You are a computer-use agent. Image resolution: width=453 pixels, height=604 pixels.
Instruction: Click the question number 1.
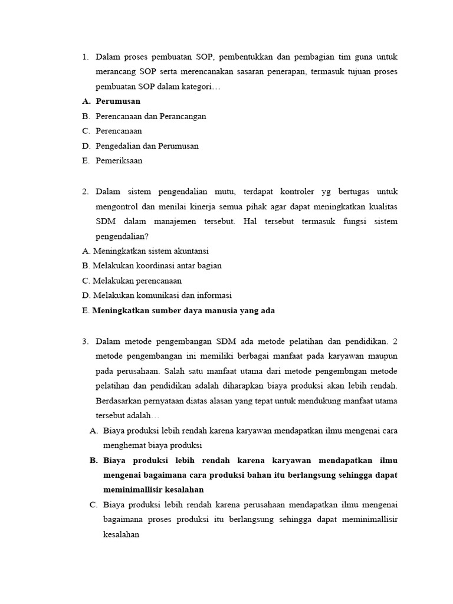[x=85, y=57]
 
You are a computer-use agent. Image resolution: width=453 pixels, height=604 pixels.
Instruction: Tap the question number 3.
[x=85, y=341]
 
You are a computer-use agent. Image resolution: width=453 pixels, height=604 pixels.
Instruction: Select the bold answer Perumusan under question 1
[x=118, y=101]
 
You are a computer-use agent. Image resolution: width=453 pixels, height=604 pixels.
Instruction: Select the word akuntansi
[x=190, y=251]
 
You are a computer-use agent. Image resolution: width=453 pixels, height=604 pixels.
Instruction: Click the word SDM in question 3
[x=226, y=341]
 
